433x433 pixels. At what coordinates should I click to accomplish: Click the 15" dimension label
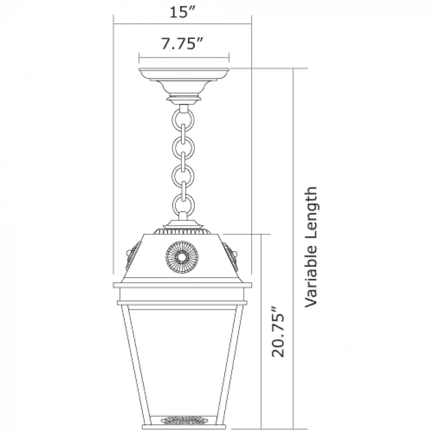coord(182,12)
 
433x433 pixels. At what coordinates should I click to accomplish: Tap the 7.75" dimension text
coord(182,43)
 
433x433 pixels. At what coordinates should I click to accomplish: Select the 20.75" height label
coord(278,332)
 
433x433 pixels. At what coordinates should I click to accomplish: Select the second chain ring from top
coord(183,147)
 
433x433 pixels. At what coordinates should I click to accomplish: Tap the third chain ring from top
coord(183,176)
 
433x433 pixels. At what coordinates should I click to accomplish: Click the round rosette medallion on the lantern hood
coord(182,257)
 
